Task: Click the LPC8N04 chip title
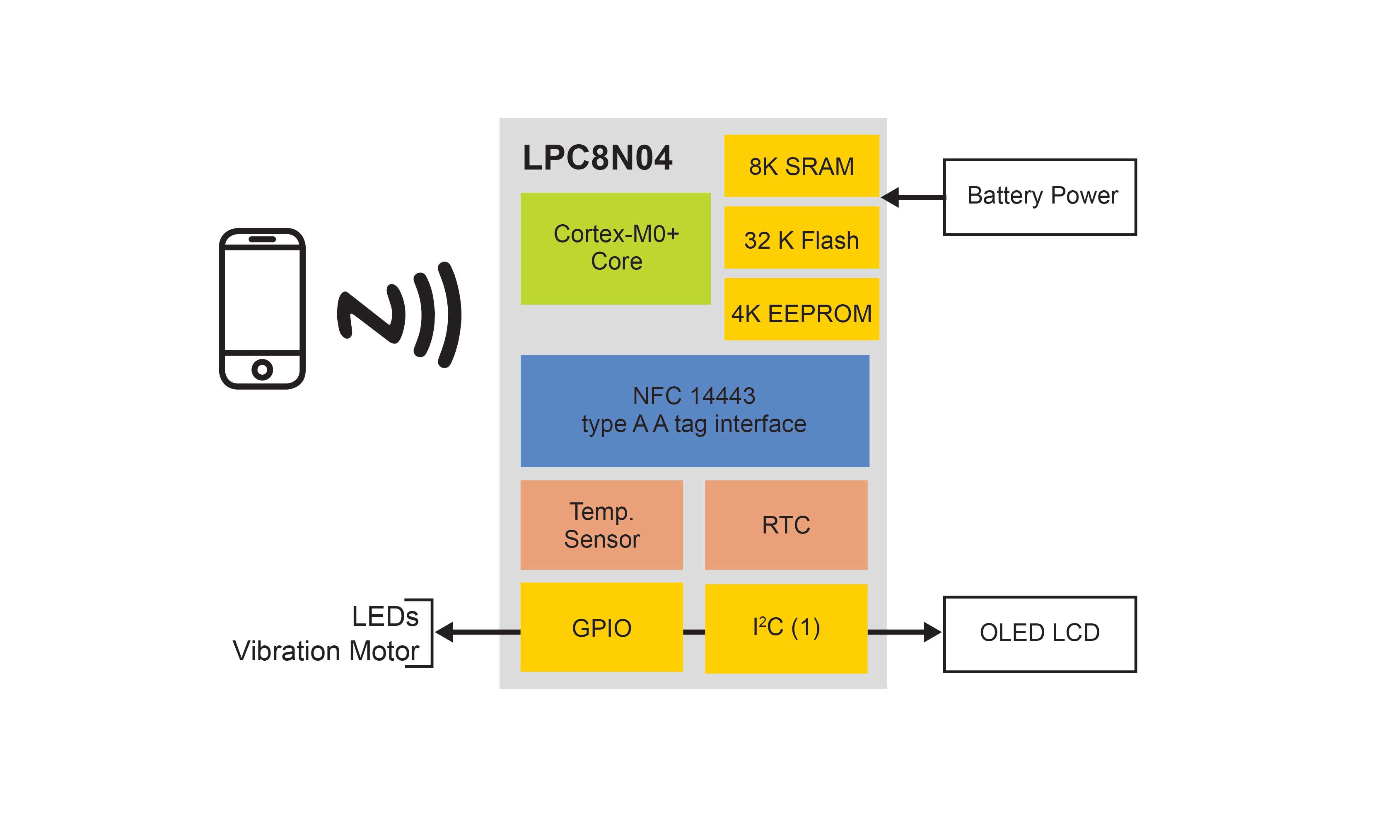(597, 158)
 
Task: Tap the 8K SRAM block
(801, 166)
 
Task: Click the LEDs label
(385, 616)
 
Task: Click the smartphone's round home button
(262, 369)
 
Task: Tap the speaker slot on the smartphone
(262, 239)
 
